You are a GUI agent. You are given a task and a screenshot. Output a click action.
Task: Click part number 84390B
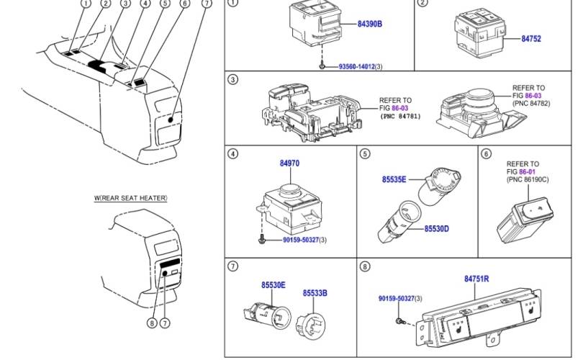(x=369, y=24)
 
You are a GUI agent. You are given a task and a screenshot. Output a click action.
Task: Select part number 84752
(x=532, y=39)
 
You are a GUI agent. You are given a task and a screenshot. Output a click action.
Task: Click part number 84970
(x=289, y=164)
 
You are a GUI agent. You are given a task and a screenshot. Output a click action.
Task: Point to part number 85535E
(x=394, y=179)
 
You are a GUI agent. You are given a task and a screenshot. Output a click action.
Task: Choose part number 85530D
(x=436, y=229)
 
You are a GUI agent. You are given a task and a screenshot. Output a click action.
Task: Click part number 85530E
(x=273, y=286)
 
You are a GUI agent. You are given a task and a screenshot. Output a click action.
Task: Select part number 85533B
(x=315, y=293)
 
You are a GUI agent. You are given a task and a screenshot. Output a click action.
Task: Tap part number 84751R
(x=476, y=277)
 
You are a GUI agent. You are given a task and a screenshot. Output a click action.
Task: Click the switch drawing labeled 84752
(x=482, y=33)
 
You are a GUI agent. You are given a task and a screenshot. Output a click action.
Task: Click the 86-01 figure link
(x=531, y=172)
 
